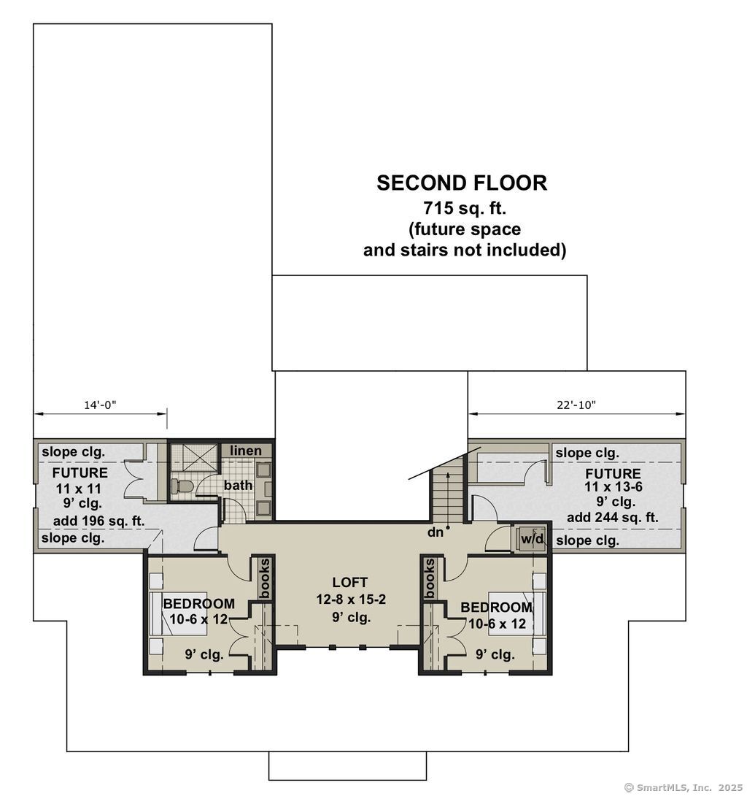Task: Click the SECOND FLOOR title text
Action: pyautogui.click(x=461, y=183)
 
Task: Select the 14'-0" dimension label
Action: pyautogui.click(x=100, y=405)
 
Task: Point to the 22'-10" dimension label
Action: pyautogui.click(x=576, y=405)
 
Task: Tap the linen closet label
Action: pyautogui.click(x=246, y=451)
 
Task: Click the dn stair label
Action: pyautogui.click(x=436, y=532)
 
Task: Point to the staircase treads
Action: pyautogui.click(x=446, y=497)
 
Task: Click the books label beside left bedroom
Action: pyautogui.click(x=264, y=578)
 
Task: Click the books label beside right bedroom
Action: pyautogui.click(x=430, y=578)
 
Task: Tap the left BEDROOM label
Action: pyautogui.click(x=198, y=604)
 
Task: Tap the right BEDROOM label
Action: pyautogui.click(x=496, y=608)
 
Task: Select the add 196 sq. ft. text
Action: pyautogui.click(x=99, y=521)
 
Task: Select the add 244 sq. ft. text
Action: pyautogui.click(x=612, y=518)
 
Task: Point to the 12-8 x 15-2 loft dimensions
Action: pyautogui.click(x=350, y=600)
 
